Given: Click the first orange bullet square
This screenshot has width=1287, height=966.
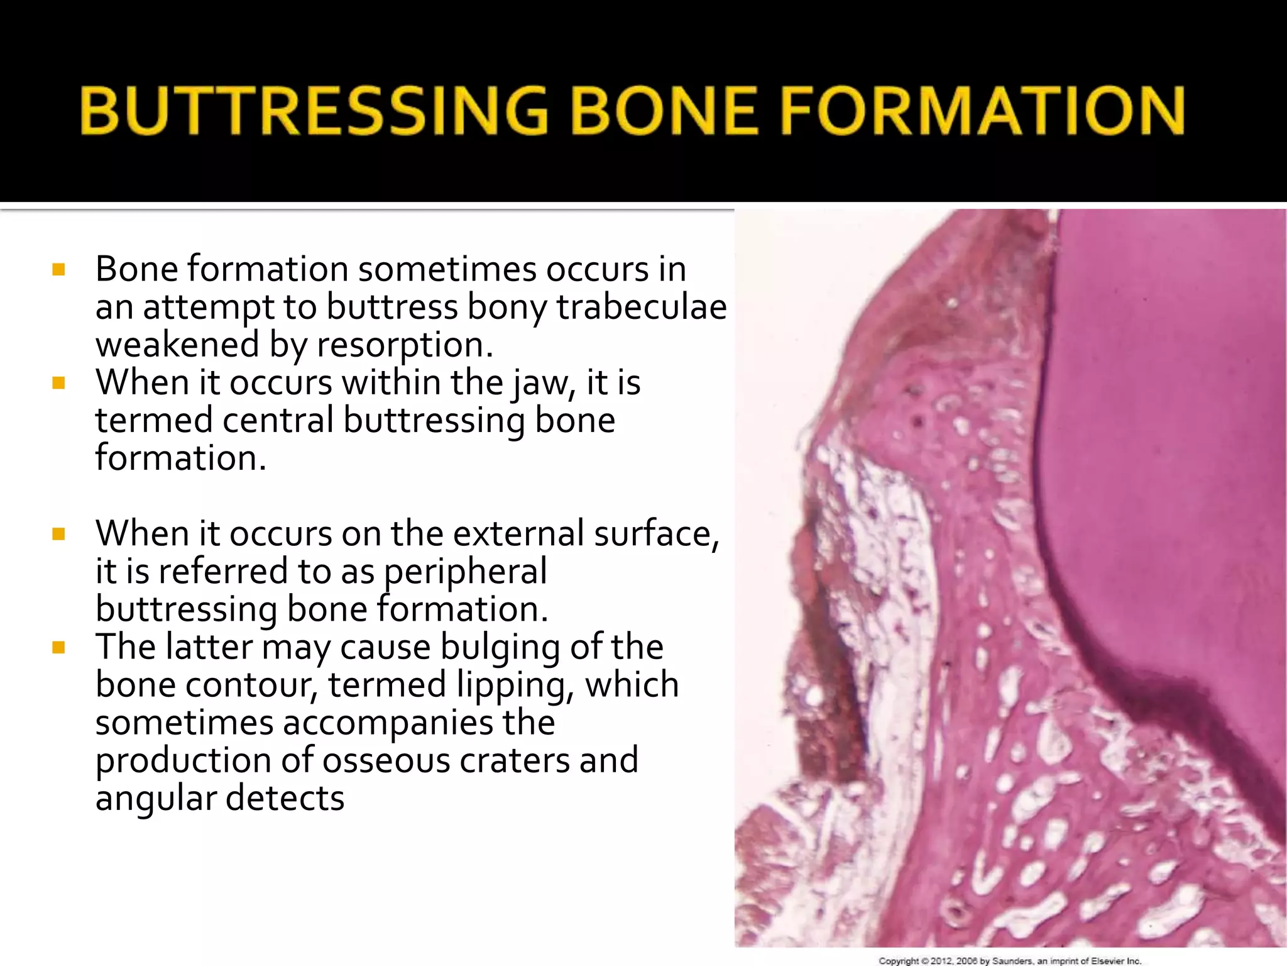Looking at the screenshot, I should pyautogui.click(x=59, y=270).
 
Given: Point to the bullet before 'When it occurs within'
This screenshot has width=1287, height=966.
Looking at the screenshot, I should pyautogui.click(x=59, y=384).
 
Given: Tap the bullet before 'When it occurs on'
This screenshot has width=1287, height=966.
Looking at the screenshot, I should pyautogui.click(x=59, y=535).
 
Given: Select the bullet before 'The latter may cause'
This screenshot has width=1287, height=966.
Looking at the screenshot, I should pyautogui.click(x=59, y=648).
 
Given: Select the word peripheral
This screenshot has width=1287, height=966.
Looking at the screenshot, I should pyautogui.click(x=465, y=572).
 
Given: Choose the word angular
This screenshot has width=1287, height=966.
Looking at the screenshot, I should pyautogui.click(x=155, y=799).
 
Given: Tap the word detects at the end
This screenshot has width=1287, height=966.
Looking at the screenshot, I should pyautogui.click(x=285, y=798).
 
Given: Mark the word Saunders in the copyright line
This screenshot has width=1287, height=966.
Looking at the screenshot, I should pyautogui.click(x=1012, y=961).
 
